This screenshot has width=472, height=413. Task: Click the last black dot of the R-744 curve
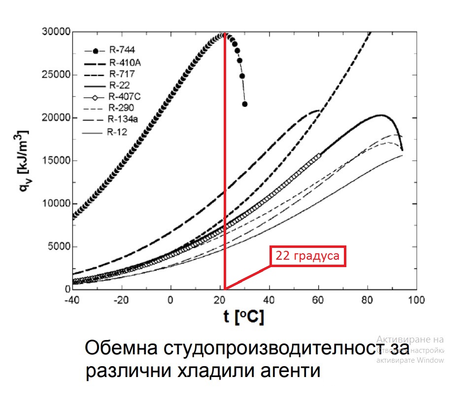(x=245, y=104)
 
